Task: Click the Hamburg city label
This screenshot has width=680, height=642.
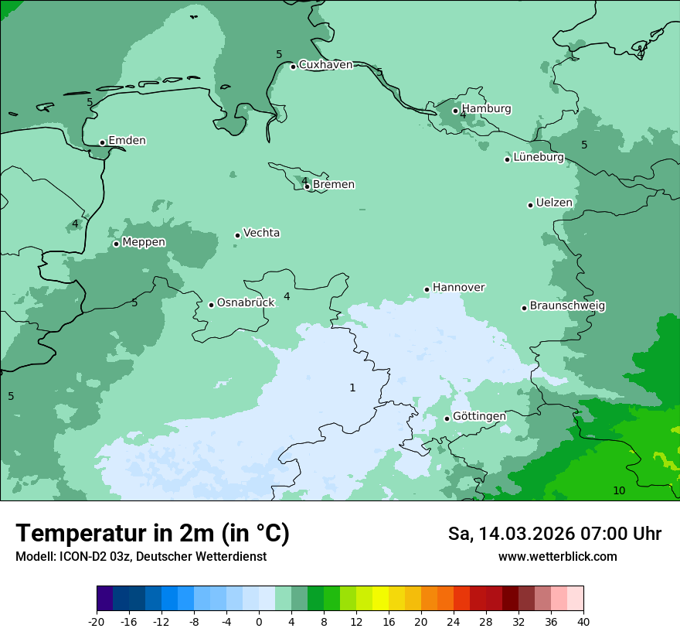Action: (486, 109)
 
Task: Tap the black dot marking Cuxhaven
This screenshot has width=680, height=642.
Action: (293, 67)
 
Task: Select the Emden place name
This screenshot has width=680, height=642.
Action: (127, 141)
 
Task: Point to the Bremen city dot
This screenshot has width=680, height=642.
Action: (307, 186)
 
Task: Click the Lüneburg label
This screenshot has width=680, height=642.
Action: (539, 158)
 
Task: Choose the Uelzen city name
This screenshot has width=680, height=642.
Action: (554, 203)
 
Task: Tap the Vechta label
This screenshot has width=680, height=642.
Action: (261, 233)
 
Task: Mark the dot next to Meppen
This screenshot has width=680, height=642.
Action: (116, 244)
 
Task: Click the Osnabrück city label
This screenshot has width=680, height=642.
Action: (246, 303)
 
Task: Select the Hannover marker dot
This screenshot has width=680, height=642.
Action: (427, 290)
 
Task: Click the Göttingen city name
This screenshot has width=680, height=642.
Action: (479, 417)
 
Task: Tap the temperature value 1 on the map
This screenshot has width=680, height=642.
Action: (352, 388)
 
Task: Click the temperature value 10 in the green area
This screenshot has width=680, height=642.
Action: (619, 491)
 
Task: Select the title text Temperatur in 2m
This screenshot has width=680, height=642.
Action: (152, 533)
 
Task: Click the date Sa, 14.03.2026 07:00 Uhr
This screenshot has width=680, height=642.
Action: (554, 534)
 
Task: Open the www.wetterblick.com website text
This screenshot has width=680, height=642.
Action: (557, 557)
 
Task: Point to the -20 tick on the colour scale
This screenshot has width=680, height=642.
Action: (97, 621)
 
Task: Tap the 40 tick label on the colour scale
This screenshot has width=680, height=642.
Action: (583, 621)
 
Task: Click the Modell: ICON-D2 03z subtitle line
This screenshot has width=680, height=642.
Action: (141, 557)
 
